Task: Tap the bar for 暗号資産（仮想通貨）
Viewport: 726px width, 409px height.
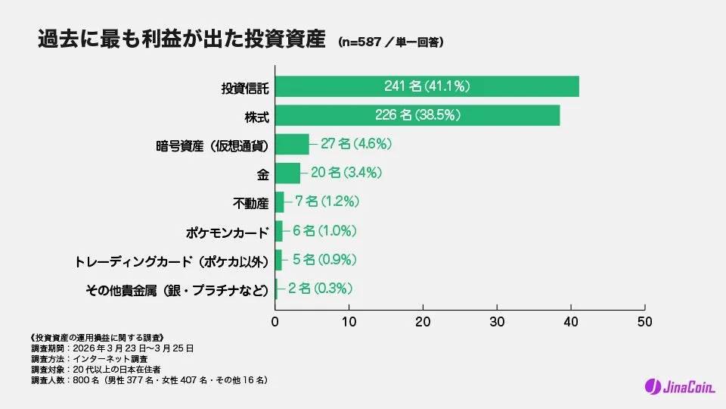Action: (292, 144)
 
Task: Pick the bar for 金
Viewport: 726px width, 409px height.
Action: (287, 173)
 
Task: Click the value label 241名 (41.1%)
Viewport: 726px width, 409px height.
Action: (427, 86)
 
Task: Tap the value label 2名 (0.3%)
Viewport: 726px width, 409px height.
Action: (318, 288)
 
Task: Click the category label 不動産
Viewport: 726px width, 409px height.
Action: (251, 202)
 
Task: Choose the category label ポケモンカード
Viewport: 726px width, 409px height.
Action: (228, 231)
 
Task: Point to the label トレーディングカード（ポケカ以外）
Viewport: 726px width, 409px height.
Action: (172, 261)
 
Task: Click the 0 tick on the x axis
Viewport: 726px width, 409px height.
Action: (275, 320)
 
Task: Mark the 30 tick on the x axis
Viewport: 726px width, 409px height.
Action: (497, 320)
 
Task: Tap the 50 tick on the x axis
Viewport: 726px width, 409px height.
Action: (644, 320)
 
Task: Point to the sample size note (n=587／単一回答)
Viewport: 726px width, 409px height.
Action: (390, 42)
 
